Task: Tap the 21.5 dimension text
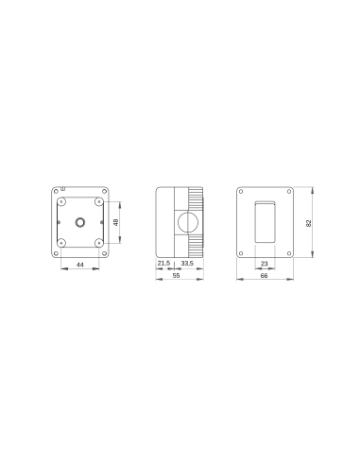pyautogui.click(x=163, y=263)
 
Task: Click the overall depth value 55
pyautogui.click(x=175, y=278)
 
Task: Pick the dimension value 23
pyautogui.click(x=264, y=264)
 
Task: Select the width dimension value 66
pyautogui.click(x=264, y=278)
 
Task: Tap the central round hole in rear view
pyautogui.click(x=80, y=223)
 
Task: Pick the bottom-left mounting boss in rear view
pyautogui.click(x=61, y=244)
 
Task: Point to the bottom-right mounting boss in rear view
pyautogui.click(x=99, y=244)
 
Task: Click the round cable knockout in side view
pyautogui.click(x=187, y=223)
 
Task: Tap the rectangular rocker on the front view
pyautogui.click(x=264, y=222)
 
